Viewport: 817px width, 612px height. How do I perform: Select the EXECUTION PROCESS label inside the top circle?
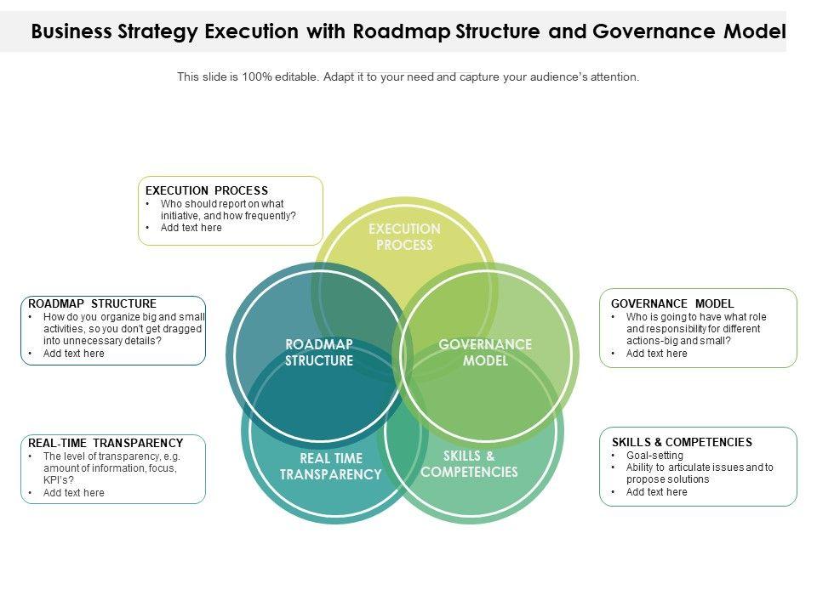(x=404, y=237)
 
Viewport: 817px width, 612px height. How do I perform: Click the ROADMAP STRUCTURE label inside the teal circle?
(x=319, y=353)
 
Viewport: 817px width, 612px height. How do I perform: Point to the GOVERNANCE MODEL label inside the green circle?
(x=485, y=353)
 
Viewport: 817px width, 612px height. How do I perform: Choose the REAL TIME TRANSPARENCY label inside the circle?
(x=331, y=467)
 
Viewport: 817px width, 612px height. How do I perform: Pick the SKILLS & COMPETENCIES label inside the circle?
(x=469, y=464)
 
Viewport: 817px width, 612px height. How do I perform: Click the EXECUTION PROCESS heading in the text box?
(x=207, y=190)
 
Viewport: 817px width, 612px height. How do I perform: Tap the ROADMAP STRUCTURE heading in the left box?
(x=92, y=303)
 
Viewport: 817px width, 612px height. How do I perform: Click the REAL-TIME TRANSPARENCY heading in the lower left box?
(x=106, y=443)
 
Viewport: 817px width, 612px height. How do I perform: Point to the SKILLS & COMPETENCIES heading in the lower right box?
(x=682, y=442)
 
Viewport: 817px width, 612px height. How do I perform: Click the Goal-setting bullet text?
(x=654, y=456)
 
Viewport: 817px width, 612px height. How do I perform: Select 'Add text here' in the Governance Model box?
(x=656, y=354)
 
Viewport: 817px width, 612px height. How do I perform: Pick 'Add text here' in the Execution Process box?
(x=191, y=228)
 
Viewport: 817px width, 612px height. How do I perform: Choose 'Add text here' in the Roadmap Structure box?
(x=74, y=354)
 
